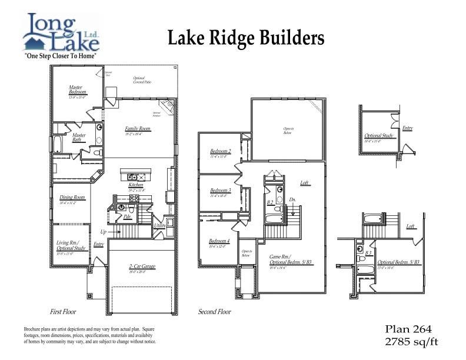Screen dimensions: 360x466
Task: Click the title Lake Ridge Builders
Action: tap(246, 38)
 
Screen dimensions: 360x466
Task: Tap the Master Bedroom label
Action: tap(77, 90)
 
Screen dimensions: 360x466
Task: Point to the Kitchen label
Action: tap(136, 185)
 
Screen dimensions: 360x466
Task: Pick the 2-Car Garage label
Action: tap(142, 266)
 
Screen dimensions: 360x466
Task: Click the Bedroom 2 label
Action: tap(220, 151)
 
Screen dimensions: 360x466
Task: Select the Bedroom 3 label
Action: tap(220, 191)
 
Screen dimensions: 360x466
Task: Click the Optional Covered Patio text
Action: tap(143, 80)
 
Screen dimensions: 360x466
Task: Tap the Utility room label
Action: tap(159, 225)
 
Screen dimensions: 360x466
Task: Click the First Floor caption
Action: tap(63, 311)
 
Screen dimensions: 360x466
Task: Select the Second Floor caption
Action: tap(214, 311)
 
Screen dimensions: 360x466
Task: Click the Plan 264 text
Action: tap(408, 329)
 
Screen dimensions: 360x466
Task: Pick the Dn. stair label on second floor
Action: tap(292, 199)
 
